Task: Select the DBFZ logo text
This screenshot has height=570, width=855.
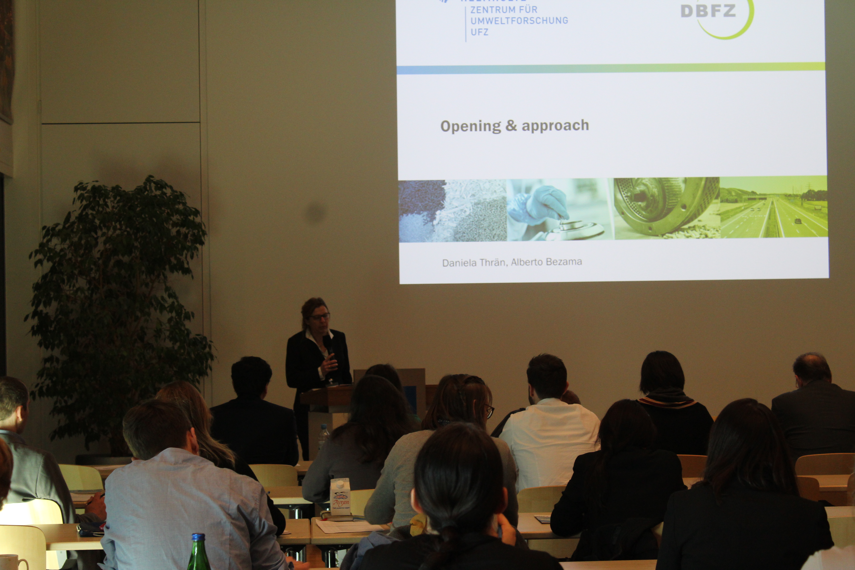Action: (x=708, y=11)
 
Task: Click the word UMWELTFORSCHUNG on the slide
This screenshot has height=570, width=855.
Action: (x=519, y=21)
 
